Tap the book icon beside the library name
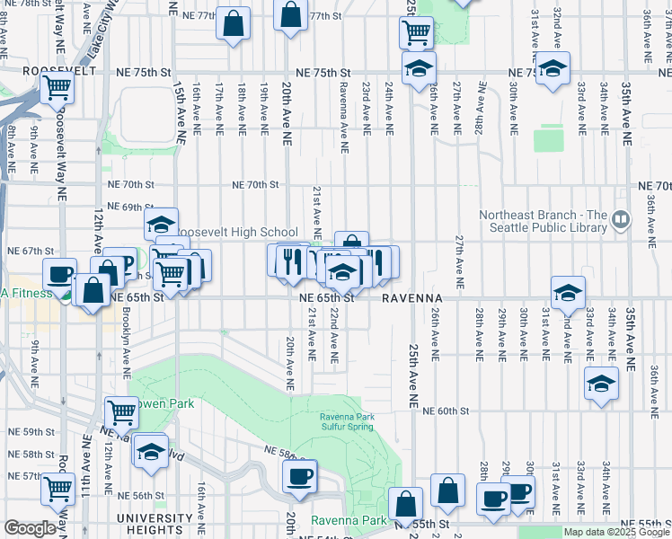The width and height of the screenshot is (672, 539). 621,218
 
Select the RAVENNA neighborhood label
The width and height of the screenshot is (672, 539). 411,297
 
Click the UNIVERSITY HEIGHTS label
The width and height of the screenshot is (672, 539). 155,524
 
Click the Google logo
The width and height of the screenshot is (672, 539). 29,528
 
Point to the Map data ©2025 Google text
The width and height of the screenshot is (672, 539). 615,532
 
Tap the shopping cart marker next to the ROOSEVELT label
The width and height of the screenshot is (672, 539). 57,88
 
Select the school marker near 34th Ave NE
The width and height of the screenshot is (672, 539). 601,383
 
